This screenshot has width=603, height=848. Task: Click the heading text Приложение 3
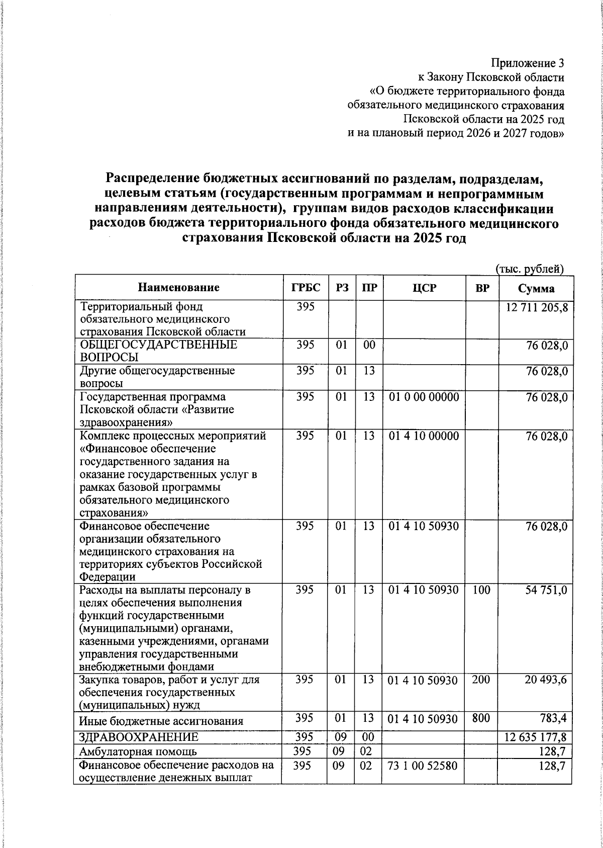[x=527, y=63]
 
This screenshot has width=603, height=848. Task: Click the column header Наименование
[x=179, y=288]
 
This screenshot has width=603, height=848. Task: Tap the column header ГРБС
[x=306, y=288]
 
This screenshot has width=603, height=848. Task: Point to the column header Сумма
[x=536, y=288]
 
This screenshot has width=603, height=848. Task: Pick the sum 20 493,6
[x=546, y=680]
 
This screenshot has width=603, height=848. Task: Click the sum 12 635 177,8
[x=536, y=737]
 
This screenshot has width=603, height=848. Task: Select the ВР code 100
[x=481, y=589]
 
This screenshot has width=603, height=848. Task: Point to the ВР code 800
[x=481, y=718]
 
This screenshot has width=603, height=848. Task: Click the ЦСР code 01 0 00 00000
[x=424, y=397]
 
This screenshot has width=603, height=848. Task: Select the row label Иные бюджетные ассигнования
[x=161, y=721]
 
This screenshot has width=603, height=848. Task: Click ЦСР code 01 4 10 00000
[x=424, y=436]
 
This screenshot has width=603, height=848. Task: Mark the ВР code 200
[x=481, y=680]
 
